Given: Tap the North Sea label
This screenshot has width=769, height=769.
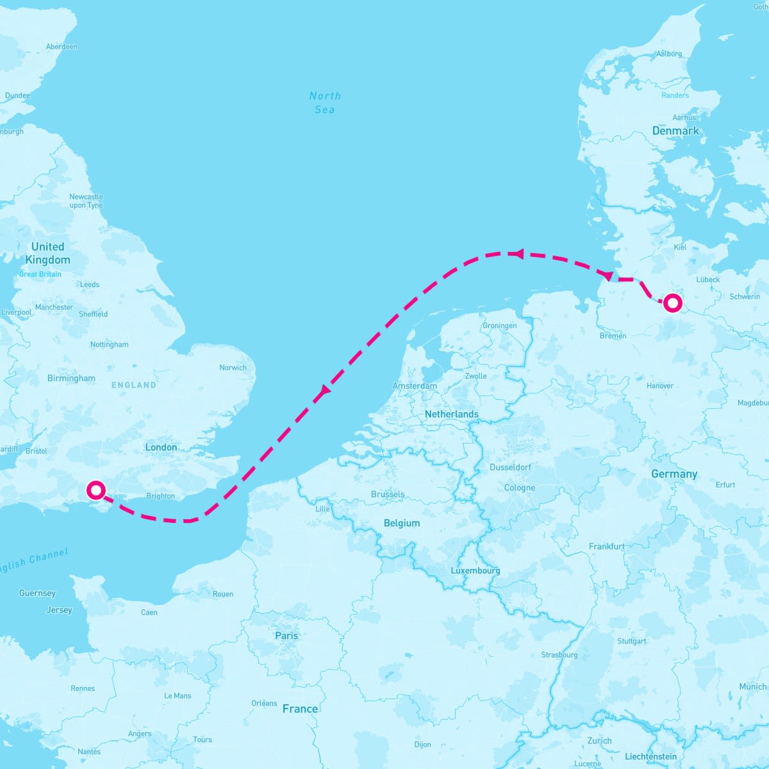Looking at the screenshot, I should point(325,103).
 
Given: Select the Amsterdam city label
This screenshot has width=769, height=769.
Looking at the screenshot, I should point(415,386).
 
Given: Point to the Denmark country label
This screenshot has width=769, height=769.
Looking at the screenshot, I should point(675,131).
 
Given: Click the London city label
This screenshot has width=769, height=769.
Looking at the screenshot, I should point(161,447).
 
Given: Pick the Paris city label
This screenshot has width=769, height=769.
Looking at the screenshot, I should point(286,636).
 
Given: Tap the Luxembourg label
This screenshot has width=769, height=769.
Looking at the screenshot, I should point(475,570).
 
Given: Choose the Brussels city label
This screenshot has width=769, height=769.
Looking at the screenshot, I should point(388,494).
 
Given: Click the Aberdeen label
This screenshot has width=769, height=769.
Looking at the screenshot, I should point(62,47).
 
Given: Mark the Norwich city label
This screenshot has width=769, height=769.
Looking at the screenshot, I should point(233,367).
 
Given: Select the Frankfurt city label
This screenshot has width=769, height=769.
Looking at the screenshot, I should point(606,547).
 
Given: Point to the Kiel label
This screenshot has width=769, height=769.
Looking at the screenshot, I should point(680,247).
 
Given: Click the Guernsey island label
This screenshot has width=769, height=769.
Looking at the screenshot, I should point(37,593).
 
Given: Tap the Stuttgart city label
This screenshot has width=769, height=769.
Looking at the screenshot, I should point(631,641).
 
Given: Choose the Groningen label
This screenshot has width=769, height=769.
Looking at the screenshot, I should point(499,326).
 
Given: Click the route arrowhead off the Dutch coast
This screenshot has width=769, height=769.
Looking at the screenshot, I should point(324,390).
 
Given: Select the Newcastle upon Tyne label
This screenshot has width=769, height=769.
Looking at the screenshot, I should point(86,201).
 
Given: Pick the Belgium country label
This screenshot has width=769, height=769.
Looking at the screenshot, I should point(402,523).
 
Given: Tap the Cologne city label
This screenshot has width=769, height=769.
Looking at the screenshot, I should point(519,488).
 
